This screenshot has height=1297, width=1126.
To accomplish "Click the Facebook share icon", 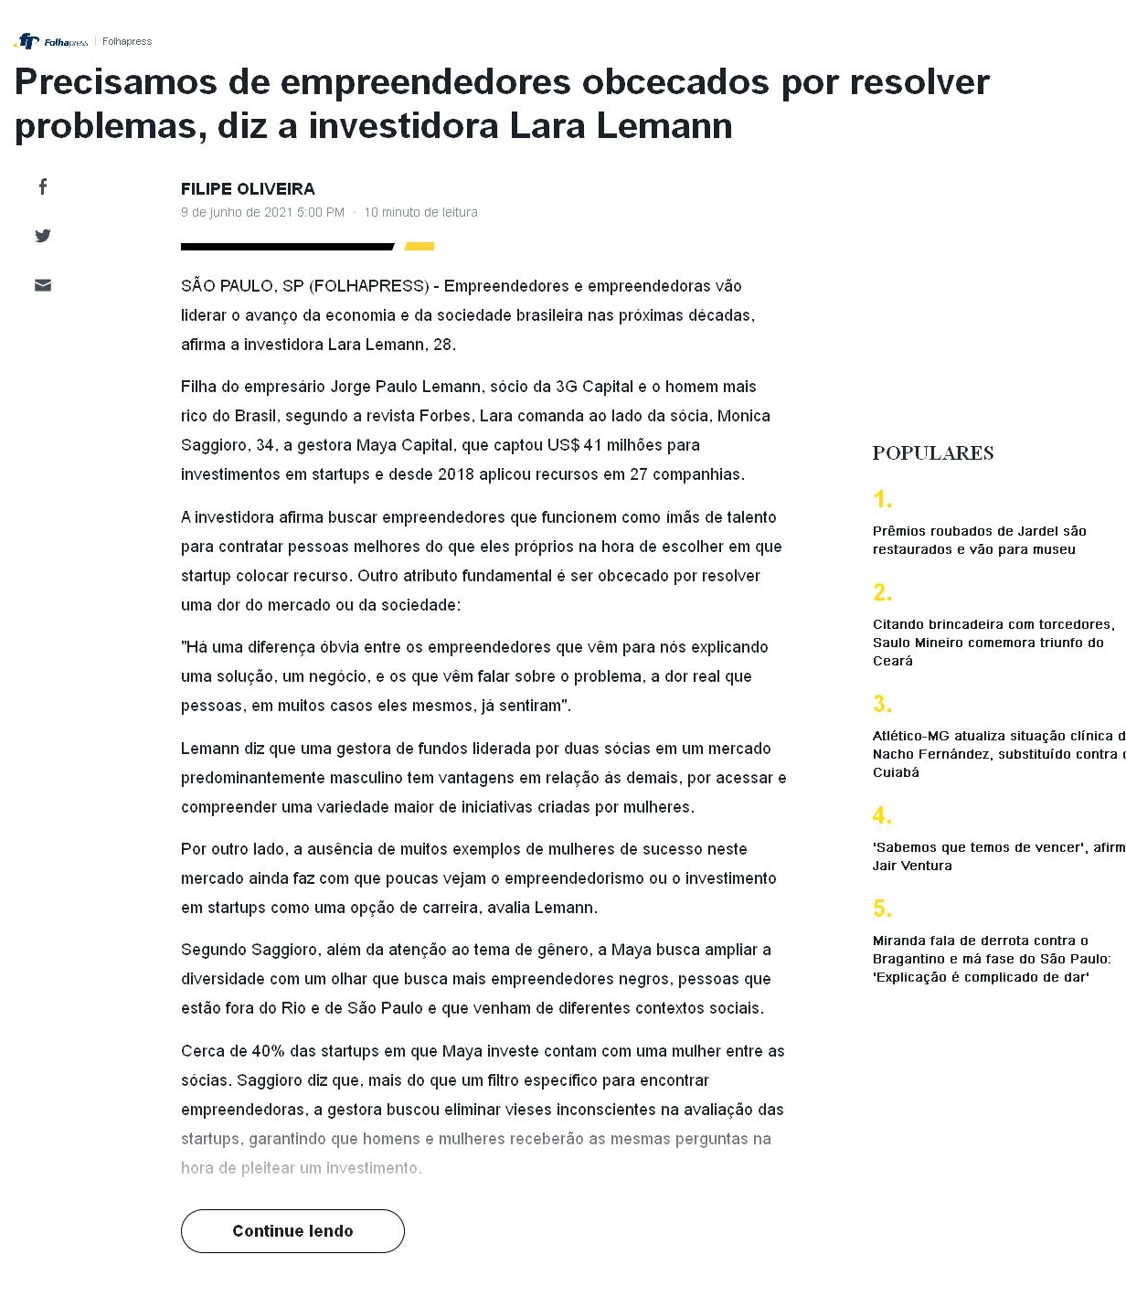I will (43, 187).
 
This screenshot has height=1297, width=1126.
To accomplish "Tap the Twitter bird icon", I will (43, 236).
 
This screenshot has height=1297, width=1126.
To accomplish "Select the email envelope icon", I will (43, 285).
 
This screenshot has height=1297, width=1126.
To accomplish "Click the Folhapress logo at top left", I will (52, 41).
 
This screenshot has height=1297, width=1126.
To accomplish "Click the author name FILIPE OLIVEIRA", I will (248, 189).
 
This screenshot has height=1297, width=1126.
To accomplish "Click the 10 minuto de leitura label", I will (420, 212).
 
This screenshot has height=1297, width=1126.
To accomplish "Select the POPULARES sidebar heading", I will (932, 453).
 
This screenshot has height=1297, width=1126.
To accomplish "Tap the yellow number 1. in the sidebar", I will (882, 500).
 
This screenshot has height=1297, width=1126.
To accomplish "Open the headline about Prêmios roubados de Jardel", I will (979, 540).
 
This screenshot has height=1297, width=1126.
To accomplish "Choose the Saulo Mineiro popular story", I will (993, 643).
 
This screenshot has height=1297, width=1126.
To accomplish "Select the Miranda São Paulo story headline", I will (992, 959).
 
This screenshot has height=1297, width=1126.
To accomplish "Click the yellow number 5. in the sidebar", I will (882, 909).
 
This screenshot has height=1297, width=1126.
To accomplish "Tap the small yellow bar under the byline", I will (420, 246).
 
